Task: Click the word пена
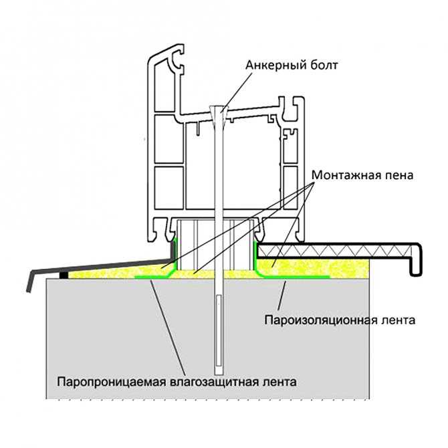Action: (399, 175)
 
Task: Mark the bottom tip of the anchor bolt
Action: (219, 374)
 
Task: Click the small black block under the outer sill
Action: (64, 275)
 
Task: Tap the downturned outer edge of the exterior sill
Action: (30, 281)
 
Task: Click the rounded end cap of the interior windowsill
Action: (416, 259)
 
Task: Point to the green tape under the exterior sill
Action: (156, 276)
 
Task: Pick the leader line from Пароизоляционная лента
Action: (282, 296)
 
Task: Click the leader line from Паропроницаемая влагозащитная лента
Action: (168, 328)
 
